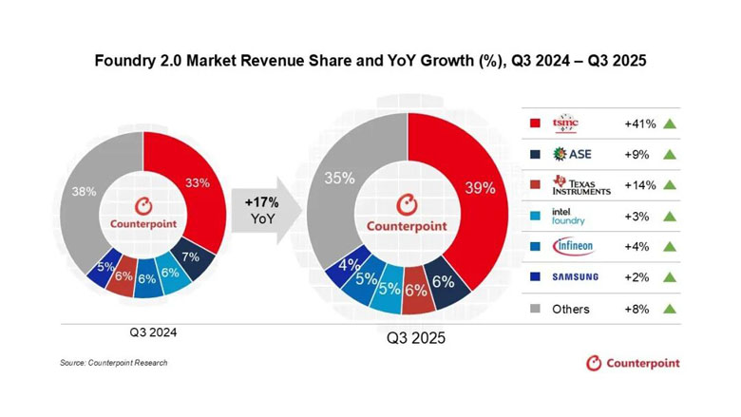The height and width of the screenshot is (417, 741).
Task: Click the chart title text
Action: click(x=370, y=63)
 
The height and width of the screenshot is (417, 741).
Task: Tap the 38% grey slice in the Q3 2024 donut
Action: click(x=86, y=193)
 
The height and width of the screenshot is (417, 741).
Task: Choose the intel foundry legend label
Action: click(x=569, y=216)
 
